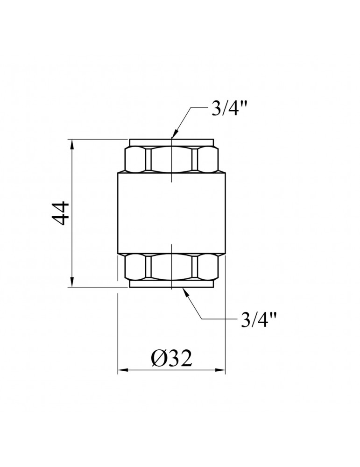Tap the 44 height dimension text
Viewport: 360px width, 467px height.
coord(61,213)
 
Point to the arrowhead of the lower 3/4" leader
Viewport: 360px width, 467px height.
coord(185,292)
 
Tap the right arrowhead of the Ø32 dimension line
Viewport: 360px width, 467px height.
coord(220,370)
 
